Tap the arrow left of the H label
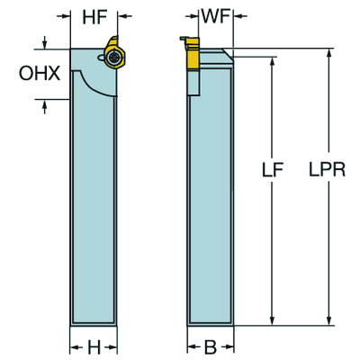(x=76, y=345)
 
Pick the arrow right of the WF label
(x=235, y=16)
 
